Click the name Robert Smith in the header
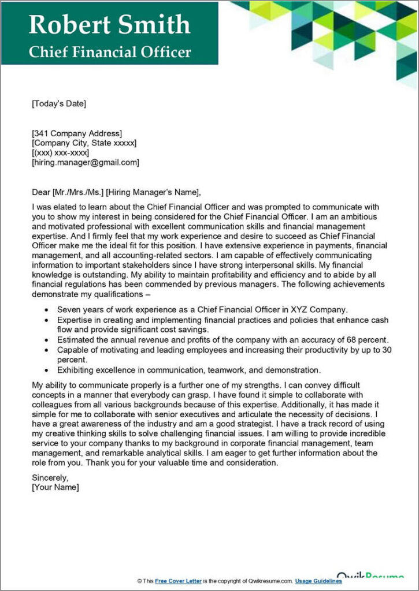click(109, 24)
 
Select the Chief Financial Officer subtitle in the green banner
click(110, 52)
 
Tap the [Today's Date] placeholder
click(58, 104)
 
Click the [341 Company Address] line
click(77, 133)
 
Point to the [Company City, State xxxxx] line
click(84, 143)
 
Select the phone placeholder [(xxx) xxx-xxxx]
click(61, 152)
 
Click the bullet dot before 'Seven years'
click(46, 311)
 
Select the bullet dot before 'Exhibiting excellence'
click(46, 370)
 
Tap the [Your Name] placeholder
click(55, 487)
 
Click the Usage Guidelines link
click(318, 581)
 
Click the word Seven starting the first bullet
click(69, 310)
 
